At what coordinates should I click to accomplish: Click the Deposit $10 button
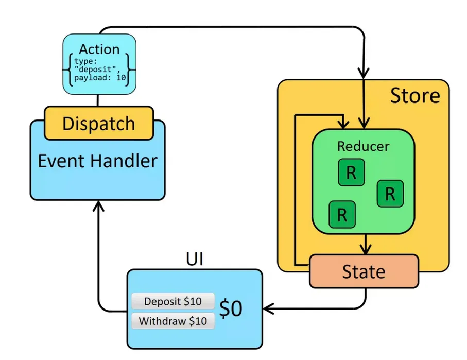click(172, 301)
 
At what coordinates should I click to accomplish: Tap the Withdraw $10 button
click(172, 321)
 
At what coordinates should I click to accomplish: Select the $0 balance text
click(230, 309)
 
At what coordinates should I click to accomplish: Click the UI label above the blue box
click(194, 259)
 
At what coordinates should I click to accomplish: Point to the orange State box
click(364, 271)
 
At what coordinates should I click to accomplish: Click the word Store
click(415, 96)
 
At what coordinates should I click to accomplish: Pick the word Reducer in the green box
click(363, 146)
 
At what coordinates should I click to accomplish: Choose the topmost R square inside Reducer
click(351, 173)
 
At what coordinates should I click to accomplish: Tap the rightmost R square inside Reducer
click(390, 194)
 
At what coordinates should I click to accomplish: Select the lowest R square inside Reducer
click(342, 214)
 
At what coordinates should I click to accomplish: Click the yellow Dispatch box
click(98, 124)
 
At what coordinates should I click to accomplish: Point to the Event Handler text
click(97, 161)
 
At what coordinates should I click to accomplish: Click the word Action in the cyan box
click(99, 49)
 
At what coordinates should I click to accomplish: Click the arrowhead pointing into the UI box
click(268, 310)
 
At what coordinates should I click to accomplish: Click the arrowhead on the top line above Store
click(365, 72)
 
